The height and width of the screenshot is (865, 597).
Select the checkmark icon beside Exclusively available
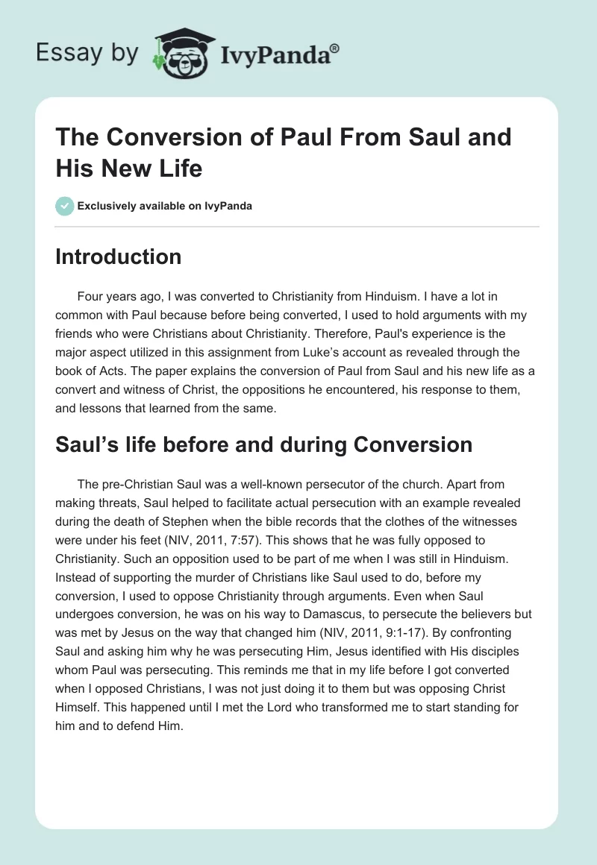click(65, 206)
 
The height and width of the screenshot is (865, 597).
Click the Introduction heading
click(119, 257)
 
